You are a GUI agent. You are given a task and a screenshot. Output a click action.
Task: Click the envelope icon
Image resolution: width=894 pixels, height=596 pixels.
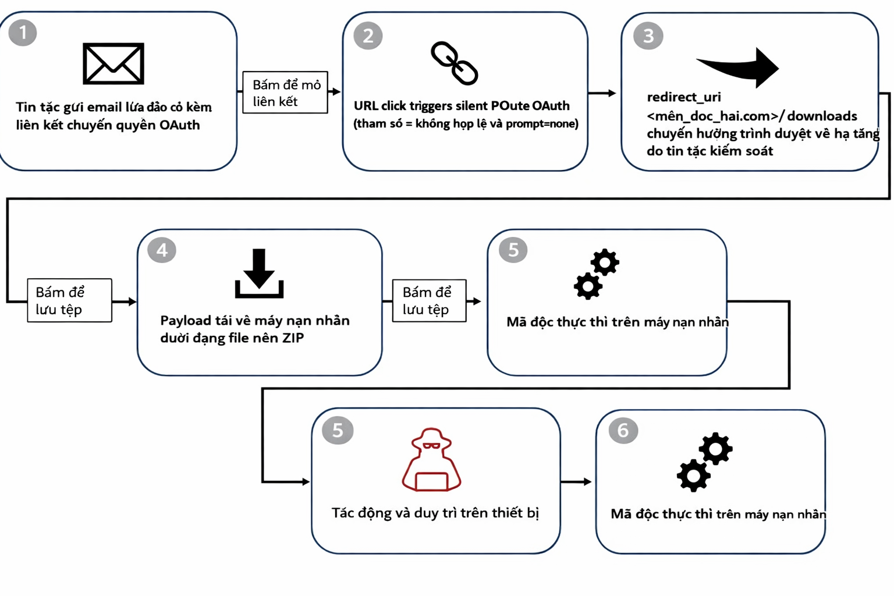coord(113,63)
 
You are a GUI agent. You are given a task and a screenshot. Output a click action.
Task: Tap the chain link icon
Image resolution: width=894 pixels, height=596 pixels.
coord(455,63)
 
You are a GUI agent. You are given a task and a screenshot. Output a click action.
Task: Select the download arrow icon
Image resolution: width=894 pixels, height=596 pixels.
coord(259,274)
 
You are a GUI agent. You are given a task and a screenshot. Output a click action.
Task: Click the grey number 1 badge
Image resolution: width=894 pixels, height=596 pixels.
coord(23,33)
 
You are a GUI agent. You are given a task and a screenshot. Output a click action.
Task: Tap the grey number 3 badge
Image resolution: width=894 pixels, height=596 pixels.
coord(648,36)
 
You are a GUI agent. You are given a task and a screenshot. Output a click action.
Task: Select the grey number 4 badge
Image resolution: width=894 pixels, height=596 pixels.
coord(162,250)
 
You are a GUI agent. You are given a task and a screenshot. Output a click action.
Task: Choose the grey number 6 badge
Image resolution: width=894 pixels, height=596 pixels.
coord(623,431)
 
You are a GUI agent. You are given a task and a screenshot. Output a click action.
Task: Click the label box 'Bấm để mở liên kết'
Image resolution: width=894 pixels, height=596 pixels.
coord(285,93)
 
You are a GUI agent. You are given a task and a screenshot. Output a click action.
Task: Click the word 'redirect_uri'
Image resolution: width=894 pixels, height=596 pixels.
coord(684,97)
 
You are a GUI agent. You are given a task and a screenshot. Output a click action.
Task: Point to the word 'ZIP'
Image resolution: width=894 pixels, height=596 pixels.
coord(293,338)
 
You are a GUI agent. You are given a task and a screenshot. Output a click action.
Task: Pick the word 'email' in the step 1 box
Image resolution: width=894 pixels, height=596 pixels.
coord(104,107)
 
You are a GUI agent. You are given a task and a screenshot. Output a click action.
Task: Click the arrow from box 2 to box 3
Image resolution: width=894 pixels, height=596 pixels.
coord(602,93)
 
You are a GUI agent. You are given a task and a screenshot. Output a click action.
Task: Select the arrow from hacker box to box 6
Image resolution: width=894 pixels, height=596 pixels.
coord(576,481)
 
